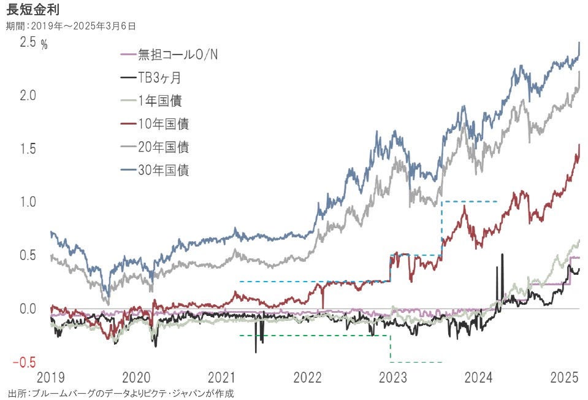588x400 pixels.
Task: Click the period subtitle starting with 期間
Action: point(71,26)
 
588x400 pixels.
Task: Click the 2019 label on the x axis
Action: point(51,376)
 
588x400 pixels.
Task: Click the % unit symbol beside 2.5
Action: point(44,45)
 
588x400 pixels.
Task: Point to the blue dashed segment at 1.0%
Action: point(469,201)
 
